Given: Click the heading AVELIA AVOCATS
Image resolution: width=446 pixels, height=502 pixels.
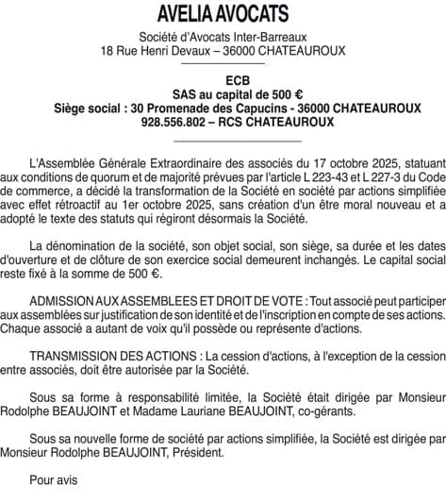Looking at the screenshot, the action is coord(223,14).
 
